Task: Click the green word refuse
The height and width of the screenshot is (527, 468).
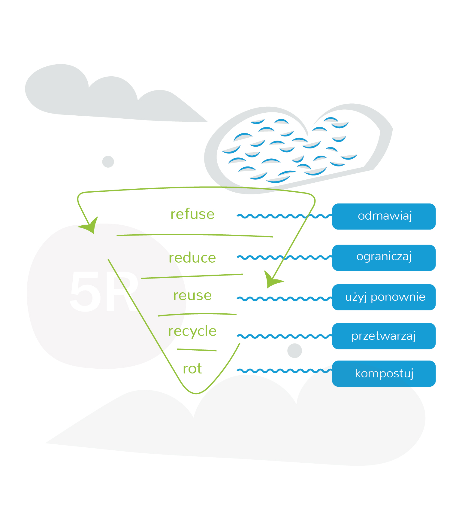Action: click(x=192, y=215)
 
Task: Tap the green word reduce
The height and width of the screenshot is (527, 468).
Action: click(x=192, y=258)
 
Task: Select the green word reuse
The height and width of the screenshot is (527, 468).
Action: click(x=192, y=296)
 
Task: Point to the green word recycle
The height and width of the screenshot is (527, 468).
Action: click(x=192, y=331)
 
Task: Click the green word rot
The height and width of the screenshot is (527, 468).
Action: click(x=192, y=369)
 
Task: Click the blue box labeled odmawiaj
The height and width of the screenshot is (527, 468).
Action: click(x=384, y=216)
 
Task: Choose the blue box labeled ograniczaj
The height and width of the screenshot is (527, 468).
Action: click(x=384, y=257)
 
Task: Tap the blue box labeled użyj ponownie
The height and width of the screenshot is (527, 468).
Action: click(x=384, y=297)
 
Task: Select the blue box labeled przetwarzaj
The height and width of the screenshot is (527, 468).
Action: click(x=384, y=336)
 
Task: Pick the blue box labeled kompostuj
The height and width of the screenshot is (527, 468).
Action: click(x=384, y=373)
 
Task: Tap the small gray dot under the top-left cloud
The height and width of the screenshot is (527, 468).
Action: click(x=108, y=162)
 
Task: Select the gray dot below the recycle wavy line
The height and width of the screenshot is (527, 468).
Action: click(x=294, y=351)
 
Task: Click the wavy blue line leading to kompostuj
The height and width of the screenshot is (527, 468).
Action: click(x=284, y=371)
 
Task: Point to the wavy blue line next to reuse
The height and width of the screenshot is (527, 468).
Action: click(x=284, y=299)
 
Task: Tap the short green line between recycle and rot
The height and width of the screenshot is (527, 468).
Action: click(x=197, y=350)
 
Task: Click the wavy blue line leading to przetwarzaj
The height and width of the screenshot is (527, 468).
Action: click(x=284, y=336)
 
